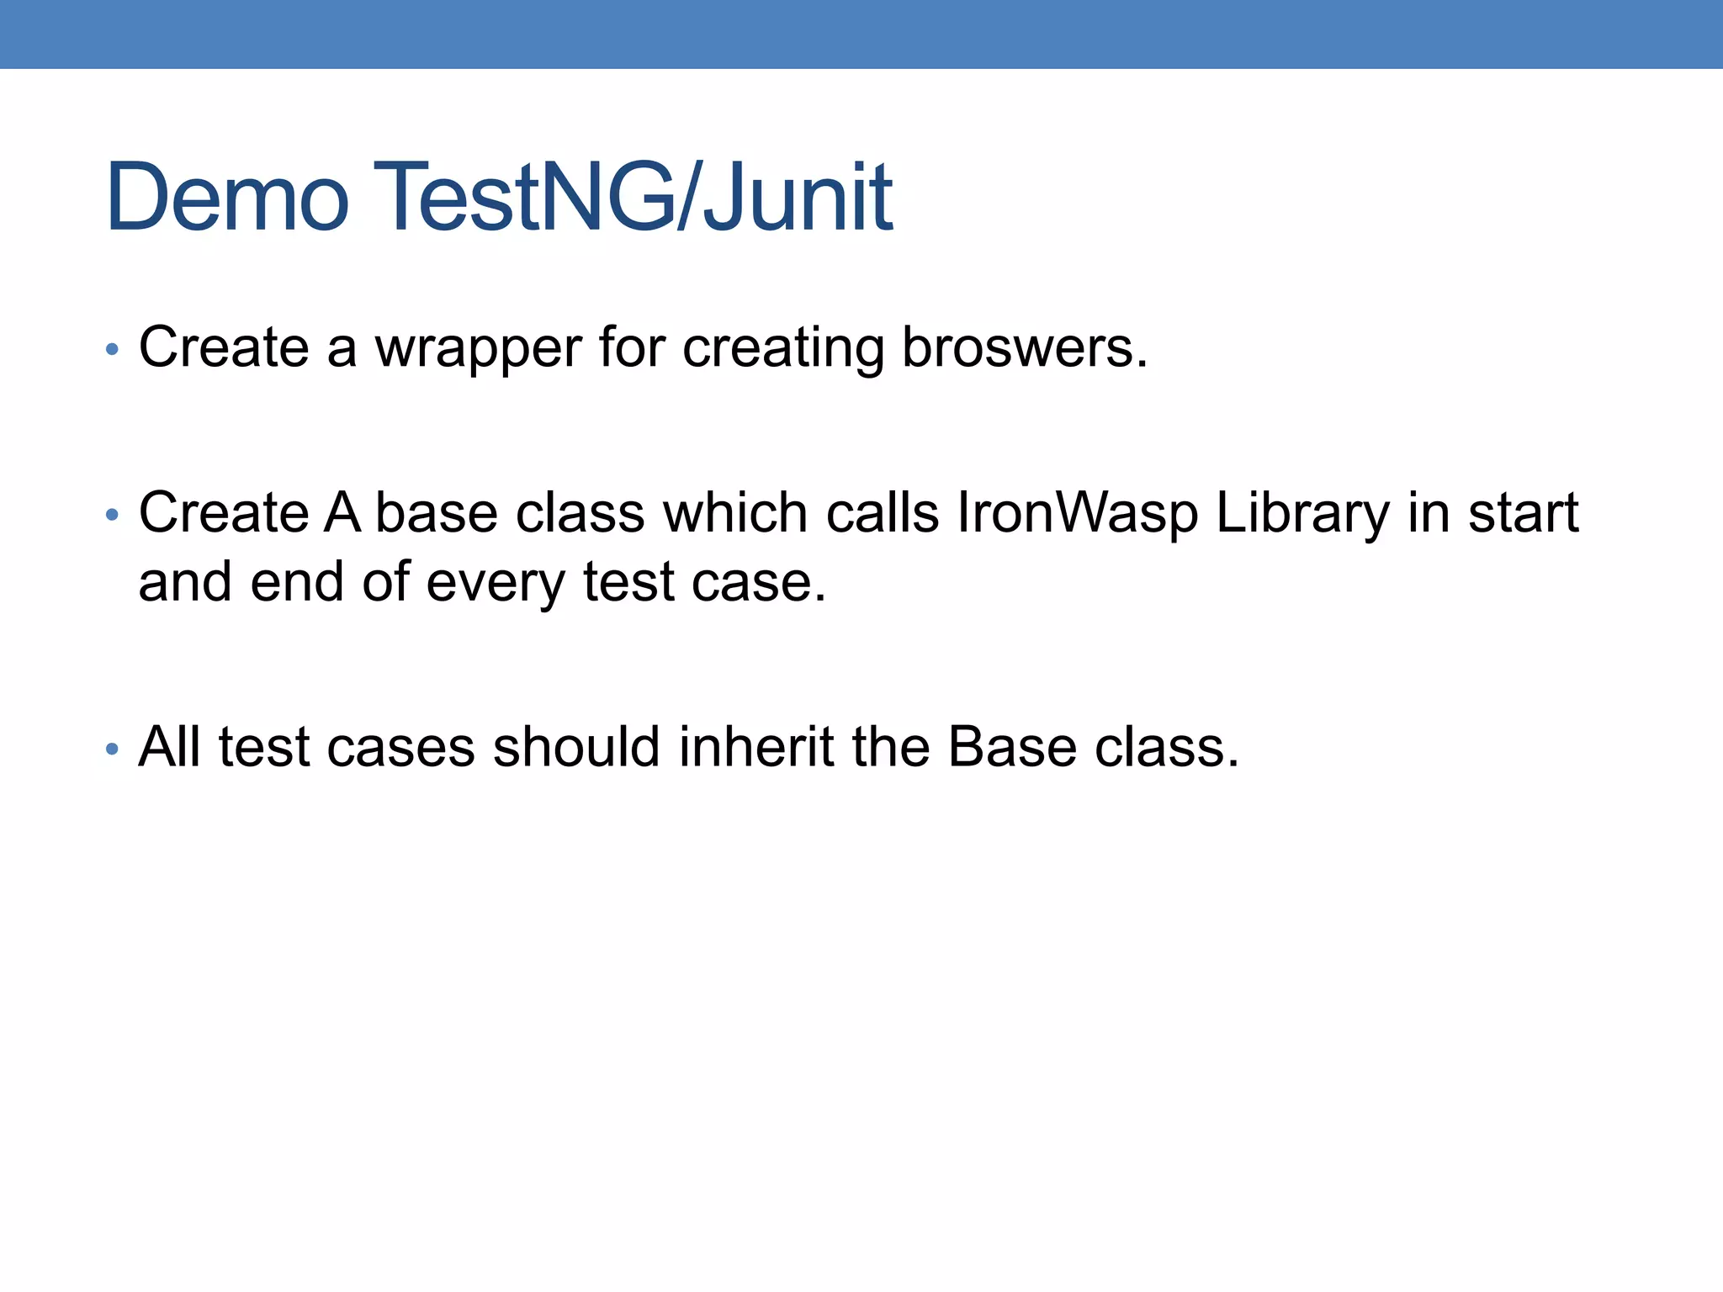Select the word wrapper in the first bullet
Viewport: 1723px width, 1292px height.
[x=478, y=348]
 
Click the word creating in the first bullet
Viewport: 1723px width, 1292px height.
[x=783, y=348]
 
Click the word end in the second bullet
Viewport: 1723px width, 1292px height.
[x=297, y=582]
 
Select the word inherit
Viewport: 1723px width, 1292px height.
[x=756, y=747]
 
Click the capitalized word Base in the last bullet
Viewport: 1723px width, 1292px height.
[x=1012, y=747]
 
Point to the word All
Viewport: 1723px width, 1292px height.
[x=169, y=747]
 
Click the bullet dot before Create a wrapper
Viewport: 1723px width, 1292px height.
[x=112, y=349]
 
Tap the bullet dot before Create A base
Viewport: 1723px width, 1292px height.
[x=112, y=514]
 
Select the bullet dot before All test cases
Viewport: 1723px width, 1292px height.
[x=112, y=749]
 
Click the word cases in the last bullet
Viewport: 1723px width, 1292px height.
[x=400, y=749]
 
